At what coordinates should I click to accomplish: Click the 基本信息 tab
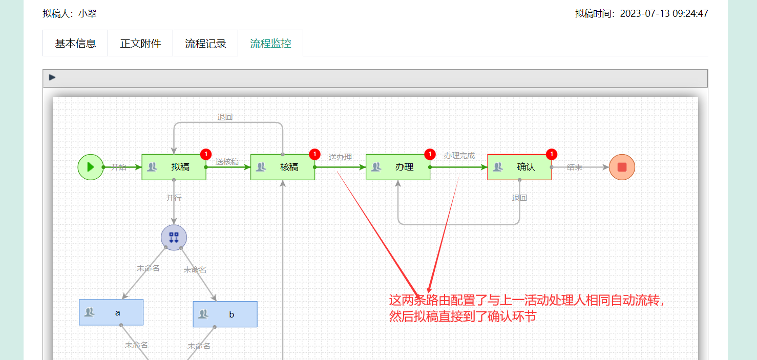click(75, 44)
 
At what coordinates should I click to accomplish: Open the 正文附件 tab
click(140, 44)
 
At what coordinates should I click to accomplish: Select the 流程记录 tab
click(205, 44)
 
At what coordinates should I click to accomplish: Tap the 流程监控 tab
click(270, 44)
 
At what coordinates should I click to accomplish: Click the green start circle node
click(91, 167)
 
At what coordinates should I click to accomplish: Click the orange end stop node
click(622, 167)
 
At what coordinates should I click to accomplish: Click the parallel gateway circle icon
click(174, 238)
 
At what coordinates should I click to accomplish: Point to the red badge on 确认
click(552, 154)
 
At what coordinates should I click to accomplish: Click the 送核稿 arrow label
click(227, 162)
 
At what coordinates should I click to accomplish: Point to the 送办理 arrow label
click(340, 157)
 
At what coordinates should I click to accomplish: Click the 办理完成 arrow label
click(459, 156)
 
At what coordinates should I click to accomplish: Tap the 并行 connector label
click(174, 198)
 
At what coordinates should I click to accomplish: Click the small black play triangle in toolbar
click(52, 77)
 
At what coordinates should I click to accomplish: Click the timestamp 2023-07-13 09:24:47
click(664, 14)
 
